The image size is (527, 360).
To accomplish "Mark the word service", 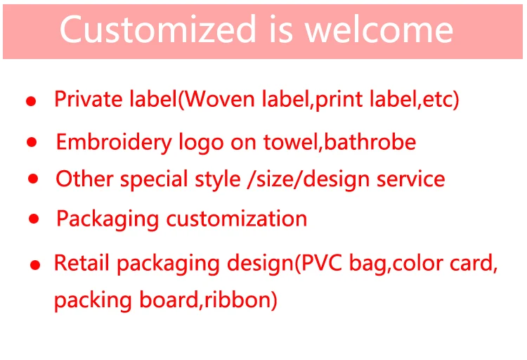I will point(410,179).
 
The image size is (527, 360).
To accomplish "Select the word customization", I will point(237,219).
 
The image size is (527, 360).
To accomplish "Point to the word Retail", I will point(82,264).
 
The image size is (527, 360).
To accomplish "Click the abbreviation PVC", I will point(320,264).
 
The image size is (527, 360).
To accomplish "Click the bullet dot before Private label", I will point(30,101).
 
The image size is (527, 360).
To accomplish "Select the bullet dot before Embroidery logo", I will point(32,143).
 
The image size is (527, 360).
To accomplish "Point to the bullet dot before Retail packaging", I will point(34,266).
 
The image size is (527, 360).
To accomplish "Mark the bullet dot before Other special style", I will point(32,179).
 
